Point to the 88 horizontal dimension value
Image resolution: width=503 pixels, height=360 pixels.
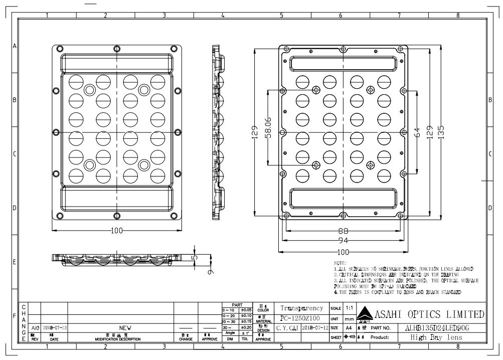[343, 231]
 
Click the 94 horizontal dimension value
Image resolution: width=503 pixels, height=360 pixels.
[343, 241]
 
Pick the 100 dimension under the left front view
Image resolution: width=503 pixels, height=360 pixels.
[117, 231]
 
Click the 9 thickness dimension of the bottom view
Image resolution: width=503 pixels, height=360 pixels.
[210, 271]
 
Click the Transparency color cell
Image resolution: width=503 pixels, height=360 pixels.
[301, 308]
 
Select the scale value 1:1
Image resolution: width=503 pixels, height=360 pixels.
[349, 307]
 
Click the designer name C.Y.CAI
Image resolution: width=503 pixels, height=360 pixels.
[288, 327]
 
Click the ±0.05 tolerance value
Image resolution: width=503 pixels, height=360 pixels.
[246, 310]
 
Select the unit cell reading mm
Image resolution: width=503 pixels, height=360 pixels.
[350, 318]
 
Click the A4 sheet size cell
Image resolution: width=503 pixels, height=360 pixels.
[349, 327]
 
